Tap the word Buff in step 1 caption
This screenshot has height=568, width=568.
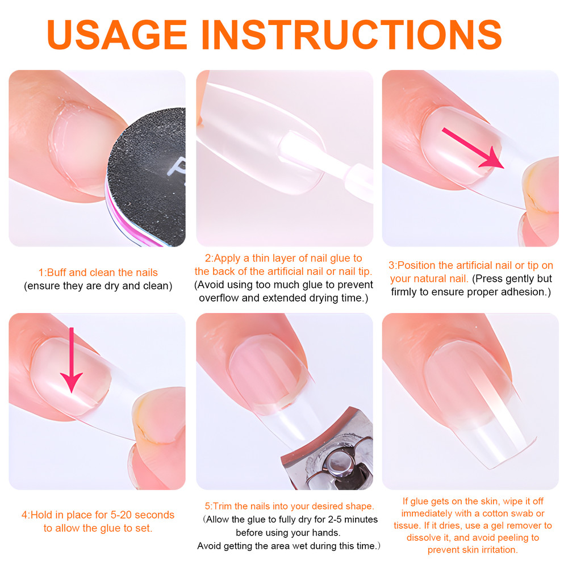pos(56,273)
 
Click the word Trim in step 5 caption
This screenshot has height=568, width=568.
pos(224,506)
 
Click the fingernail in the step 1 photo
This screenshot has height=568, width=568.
pos(80,145)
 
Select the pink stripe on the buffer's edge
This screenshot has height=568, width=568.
pos(114,210)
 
